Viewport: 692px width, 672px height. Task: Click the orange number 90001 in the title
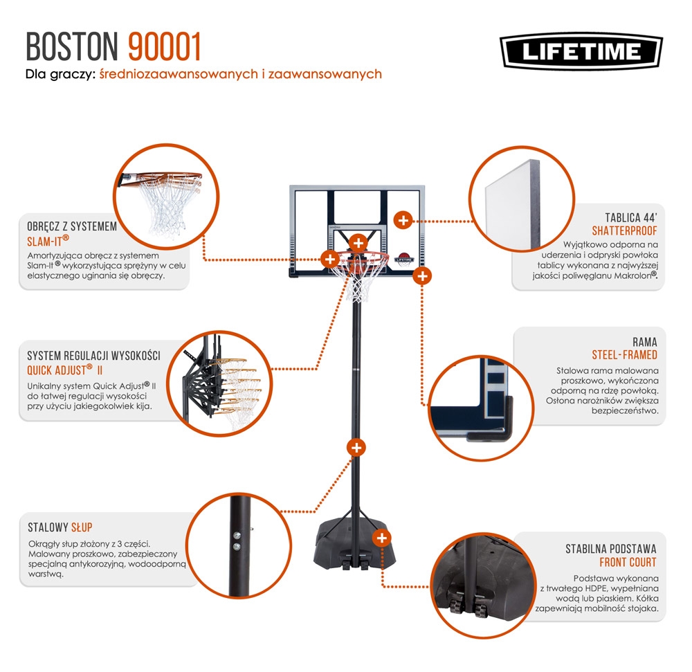165,46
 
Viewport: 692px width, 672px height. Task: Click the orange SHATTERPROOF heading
624,230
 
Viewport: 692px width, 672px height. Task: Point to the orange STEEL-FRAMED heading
624,355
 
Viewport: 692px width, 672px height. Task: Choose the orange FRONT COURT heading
628,562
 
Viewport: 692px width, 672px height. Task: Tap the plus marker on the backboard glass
401,220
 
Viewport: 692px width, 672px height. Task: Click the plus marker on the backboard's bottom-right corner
421,276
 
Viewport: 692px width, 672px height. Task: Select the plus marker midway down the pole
356,447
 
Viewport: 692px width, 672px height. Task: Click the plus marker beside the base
381,538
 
